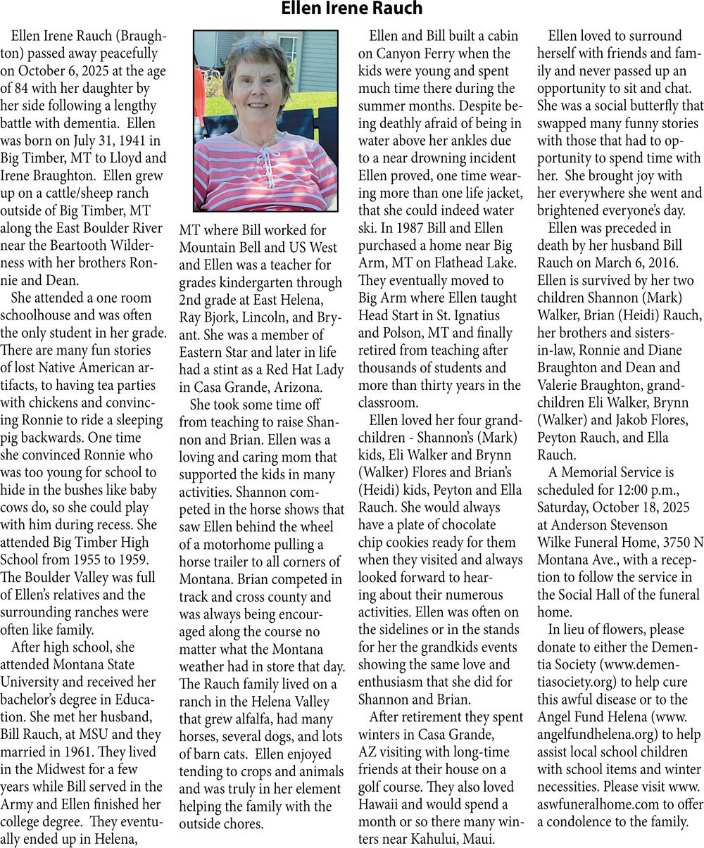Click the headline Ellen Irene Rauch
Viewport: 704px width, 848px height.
351,9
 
